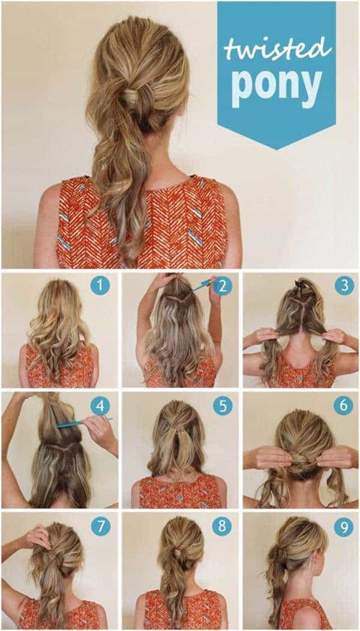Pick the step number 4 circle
point(100,407)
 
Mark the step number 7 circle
point(100,527)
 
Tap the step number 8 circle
point(223,527)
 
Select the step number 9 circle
point(343,527)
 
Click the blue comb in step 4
point(85,422)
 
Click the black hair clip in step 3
point(299,283)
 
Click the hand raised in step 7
point(38,537)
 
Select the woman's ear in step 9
point(313,560)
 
